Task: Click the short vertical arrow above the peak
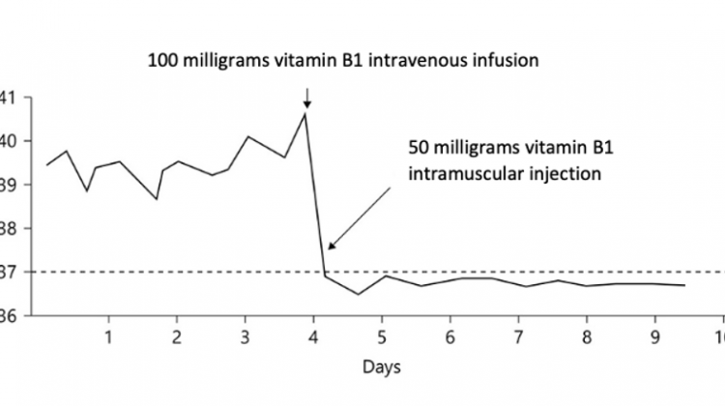306,98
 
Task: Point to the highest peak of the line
306,114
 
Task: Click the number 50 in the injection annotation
419,152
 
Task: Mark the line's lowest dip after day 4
358,294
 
